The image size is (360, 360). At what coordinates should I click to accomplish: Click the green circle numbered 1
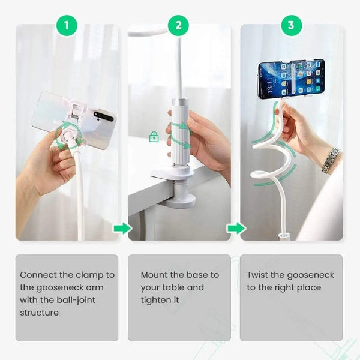(67, 25)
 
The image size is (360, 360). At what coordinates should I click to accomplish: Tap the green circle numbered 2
(178, 25)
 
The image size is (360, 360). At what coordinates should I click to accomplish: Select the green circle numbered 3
(291, 25)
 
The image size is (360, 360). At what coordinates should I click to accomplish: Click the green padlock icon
(154, 137)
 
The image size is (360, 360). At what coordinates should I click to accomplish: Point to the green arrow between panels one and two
(122, 228)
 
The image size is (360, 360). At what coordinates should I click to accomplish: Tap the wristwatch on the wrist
(330, 160)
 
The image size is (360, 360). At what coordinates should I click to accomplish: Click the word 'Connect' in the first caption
(38, 275)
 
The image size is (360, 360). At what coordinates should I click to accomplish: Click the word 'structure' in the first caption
(39, 313)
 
